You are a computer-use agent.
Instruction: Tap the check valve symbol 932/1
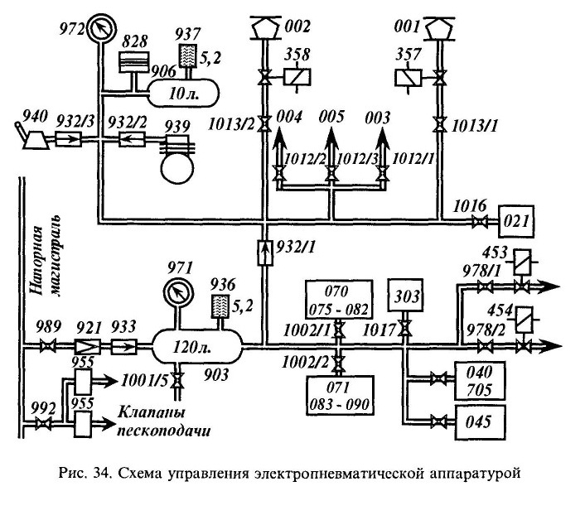click(x=265, y=252)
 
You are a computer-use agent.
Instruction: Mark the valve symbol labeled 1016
click(x=479, y=223)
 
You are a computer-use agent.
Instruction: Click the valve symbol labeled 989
click(x=48, y=346)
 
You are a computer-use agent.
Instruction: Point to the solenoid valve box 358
click(x=297, y=78)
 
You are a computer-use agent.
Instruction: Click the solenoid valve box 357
click(x=409, y=78)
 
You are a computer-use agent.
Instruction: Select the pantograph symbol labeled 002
click(x=265, y=28)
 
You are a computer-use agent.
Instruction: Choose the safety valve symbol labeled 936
click(x=220, y=306)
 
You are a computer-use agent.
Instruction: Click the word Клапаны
click(x=152, y=412)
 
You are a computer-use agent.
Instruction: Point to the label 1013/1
click(x=475, y=126)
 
